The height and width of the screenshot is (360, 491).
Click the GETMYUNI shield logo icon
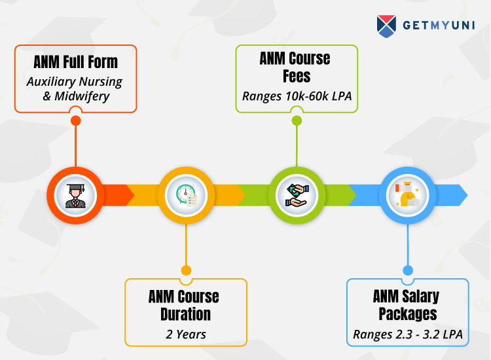(x=386, y=26)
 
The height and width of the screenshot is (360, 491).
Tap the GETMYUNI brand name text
(x=439, y=26)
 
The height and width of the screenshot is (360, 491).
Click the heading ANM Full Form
(x=76, y=62)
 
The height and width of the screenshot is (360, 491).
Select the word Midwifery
(x=82, y=96)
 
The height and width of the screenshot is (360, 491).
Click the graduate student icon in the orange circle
(x=75, y=196)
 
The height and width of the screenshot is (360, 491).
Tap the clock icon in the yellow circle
(x=187, y=196)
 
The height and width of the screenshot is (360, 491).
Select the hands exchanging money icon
(x=297, y=195)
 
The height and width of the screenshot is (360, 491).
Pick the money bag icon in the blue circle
(x=407, y=194)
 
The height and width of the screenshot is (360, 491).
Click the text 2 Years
(x=186, y=334)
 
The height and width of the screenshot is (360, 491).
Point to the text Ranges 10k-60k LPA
(x=297, y=96)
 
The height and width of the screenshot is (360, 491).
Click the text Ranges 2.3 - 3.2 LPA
(x=408, y=334)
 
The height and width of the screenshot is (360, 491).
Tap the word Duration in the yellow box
(x=186, y=314)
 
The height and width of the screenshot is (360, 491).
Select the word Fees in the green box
(x=297, y=76)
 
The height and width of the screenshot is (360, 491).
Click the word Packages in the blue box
(x=408, y=314)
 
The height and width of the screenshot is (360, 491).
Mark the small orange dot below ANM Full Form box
(x=76, y=120)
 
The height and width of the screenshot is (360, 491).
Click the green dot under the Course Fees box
(x=297, y=120)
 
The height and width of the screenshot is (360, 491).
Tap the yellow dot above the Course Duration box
(x=187, y=270)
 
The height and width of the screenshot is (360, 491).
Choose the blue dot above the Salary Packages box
(x=408, y=270)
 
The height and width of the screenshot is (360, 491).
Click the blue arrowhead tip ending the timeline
(x=467, y=195)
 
